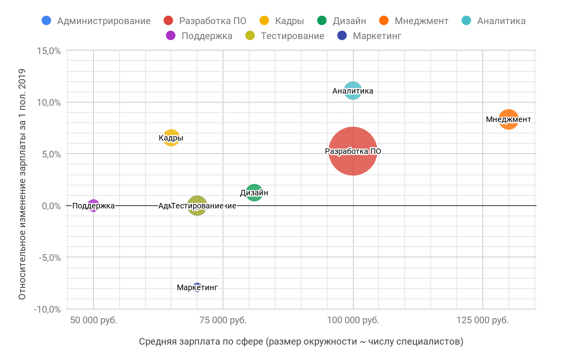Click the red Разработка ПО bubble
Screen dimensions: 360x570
[x=353, y=151]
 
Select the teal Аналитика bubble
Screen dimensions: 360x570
[x=353, y=91]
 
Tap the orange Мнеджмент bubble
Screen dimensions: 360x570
[x=508, y=119]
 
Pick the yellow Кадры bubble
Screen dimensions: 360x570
[x=171, y=138]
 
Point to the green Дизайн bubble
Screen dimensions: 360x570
[x=254, y=193]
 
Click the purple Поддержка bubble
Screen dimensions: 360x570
[x=93, y=206]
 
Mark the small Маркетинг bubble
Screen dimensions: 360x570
[x=197, y=287]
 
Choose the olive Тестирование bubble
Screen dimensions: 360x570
[x=197, y=206]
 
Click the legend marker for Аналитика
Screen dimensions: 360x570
[x=466, y=21]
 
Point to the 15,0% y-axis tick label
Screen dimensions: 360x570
[x=49, y=51]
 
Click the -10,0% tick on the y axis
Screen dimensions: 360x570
[x=47, y=309]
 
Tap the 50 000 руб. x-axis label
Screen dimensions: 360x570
[x=94, y=320]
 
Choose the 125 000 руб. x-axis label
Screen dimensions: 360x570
[x=482, y=320]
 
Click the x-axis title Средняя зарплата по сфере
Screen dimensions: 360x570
[x=301, y=341]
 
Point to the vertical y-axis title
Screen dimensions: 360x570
[x=22, y=184]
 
